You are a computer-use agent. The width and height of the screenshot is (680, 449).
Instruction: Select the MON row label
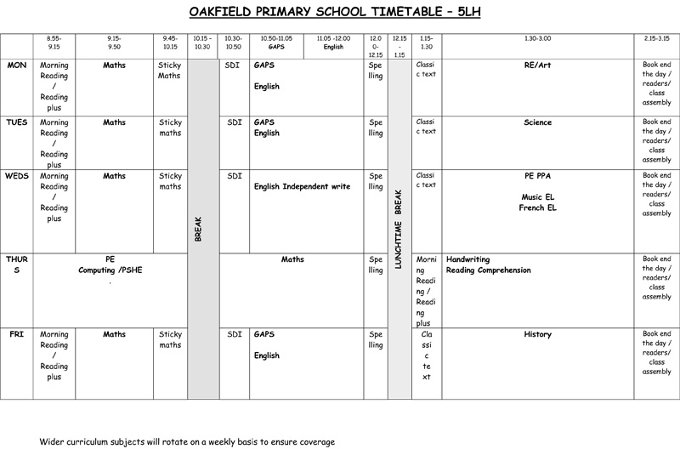click(16, 65)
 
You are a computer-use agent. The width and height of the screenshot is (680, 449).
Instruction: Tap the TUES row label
click(17, 122)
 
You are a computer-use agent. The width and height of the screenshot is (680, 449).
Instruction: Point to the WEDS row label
click(17, 176)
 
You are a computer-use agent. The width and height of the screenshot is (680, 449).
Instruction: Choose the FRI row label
click(16, 334)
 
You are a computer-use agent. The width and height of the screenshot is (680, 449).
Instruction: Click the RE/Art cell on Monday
click(538, 65)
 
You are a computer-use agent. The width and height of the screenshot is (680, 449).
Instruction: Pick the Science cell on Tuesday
click(538, 122)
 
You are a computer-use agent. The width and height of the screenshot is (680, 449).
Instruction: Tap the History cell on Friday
click(538, 334)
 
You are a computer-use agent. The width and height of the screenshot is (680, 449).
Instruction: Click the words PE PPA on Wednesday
click(538, 176)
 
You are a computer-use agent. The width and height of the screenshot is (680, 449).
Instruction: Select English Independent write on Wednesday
click(303, 186)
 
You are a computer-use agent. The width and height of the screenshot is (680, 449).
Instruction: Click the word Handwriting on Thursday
click(467, 259)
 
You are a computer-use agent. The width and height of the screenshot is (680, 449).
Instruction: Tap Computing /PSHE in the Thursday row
click(110, 270)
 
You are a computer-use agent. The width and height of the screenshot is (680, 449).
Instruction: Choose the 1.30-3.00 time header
click(538, 38)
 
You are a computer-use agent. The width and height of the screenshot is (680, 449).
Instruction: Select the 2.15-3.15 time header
click(656, 38)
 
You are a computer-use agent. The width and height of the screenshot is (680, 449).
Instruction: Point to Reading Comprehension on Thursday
click(488, 270)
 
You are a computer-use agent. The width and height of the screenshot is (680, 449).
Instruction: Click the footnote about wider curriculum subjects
click(187, 442)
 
